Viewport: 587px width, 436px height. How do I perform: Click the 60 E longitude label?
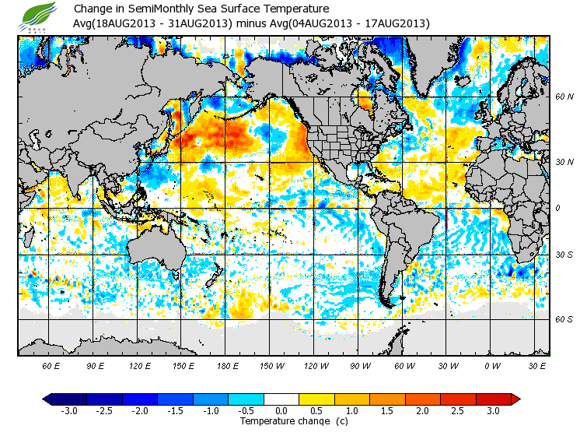coord(51,365)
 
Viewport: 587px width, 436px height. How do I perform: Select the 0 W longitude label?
coord(492,365)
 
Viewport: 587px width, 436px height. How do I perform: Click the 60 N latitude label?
coord(564,97)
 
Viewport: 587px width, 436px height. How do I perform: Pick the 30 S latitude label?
coord(564,255)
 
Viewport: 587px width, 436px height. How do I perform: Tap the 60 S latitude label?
coord(564,319)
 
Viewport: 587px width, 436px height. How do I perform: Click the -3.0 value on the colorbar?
coord(69,411)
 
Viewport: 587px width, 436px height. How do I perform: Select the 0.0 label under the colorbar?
coord(281,411)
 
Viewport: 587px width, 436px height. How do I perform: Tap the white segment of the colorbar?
coord(281,399)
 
